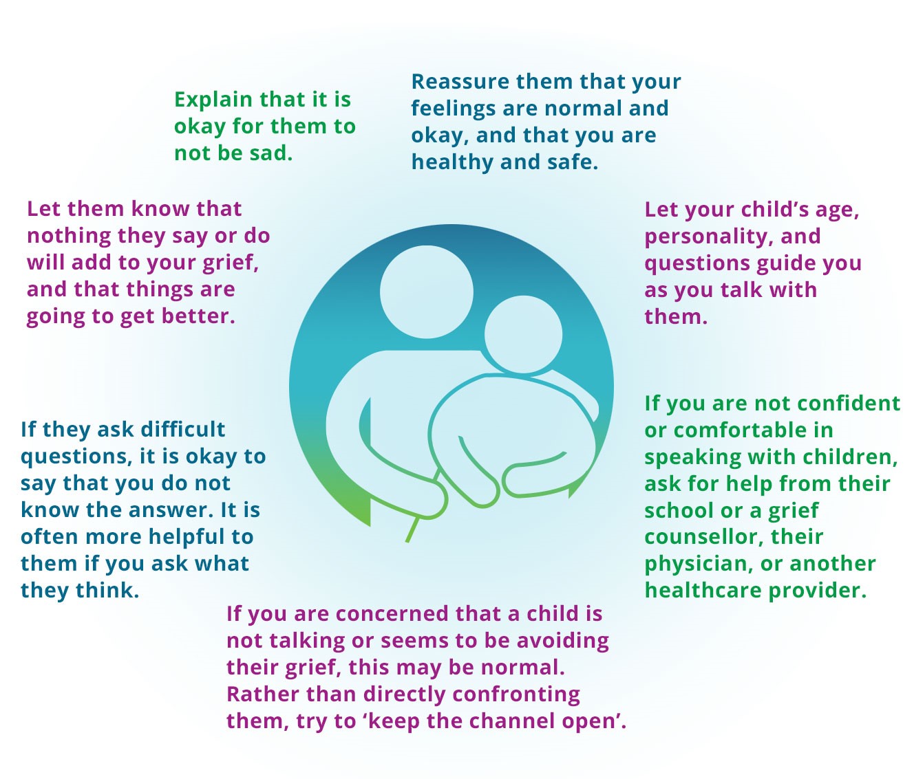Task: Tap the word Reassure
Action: click(x=460, y=82)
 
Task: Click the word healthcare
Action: click(x=703, y=591)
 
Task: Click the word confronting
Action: click(x=516, y=695)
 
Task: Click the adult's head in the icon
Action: click(x=426, y=292)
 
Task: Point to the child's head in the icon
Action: click(x=524, y=334)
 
